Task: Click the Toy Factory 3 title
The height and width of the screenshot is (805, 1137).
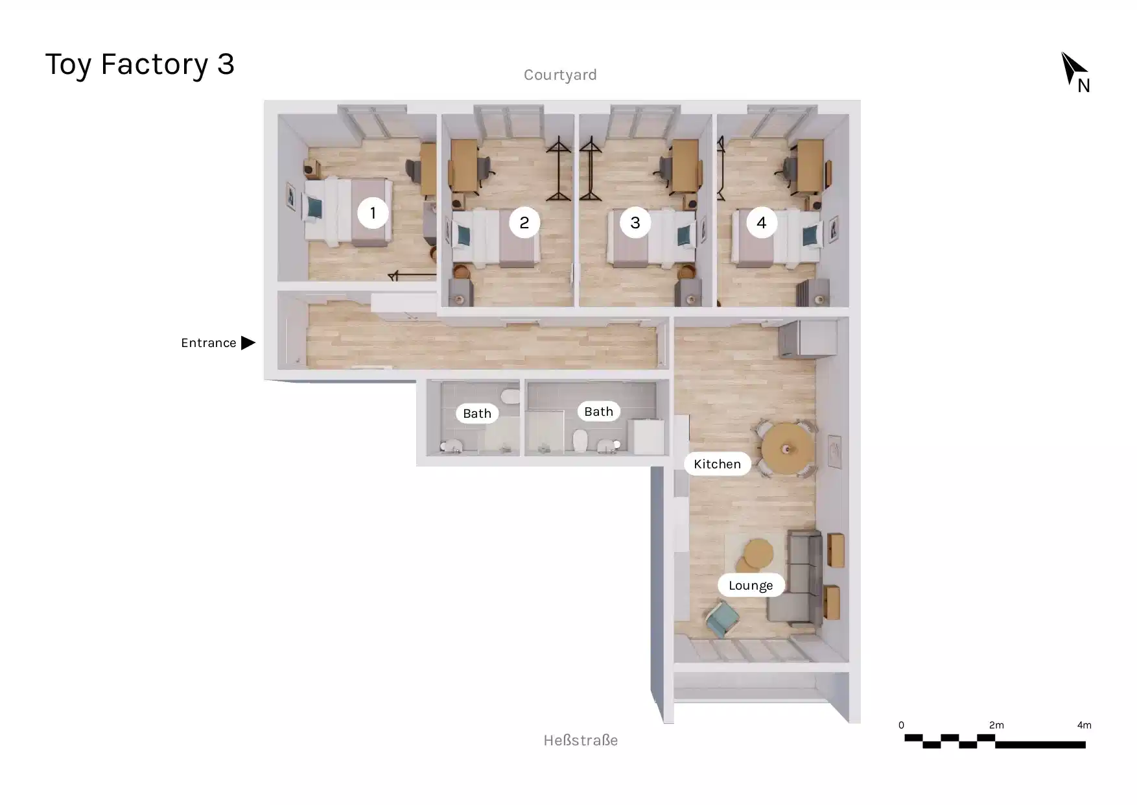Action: pos(139,64)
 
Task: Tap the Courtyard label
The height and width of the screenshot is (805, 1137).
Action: pos(560,75)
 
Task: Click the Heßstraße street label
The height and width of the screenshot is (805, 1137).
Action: pos(580,740)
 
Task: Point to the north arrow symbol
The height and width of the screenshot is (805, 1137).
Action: pos(1073,69)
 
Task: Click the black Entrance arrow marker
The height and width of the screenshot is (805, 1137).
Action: pos(248,342)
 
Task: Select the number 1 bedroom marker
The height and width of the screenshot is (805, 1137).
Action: pos(373,213)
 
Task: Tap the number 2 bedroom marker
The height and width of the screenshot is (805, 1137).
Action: pos(524,222)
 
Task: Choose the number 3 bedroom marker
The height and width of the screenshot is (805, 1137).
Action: pos(635,222)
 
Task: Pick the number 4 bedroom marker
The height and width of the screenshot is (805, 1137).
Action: pos(762,222)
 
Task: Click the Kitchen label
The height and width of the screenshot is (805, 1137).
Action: pos(717,464)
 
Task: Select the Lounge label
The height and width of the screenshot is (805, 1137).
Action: pos(751,585)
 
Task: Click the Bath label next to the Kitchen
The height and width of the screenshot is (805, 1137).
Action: pos(598,411)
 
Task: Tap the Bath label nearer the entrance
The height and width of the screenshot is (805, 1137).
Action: pos(477,413)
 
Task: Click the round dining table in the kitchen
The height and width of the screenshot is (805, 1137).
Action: pos(786,448)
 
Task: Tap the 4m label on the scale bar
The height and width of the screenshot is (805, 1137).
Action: pos(1084,725)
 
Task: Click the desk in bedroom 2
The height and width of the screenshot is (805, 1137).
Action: pos(463,166)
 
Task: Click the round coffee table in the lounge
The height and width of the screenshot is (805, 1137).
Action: pos(758,553)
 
